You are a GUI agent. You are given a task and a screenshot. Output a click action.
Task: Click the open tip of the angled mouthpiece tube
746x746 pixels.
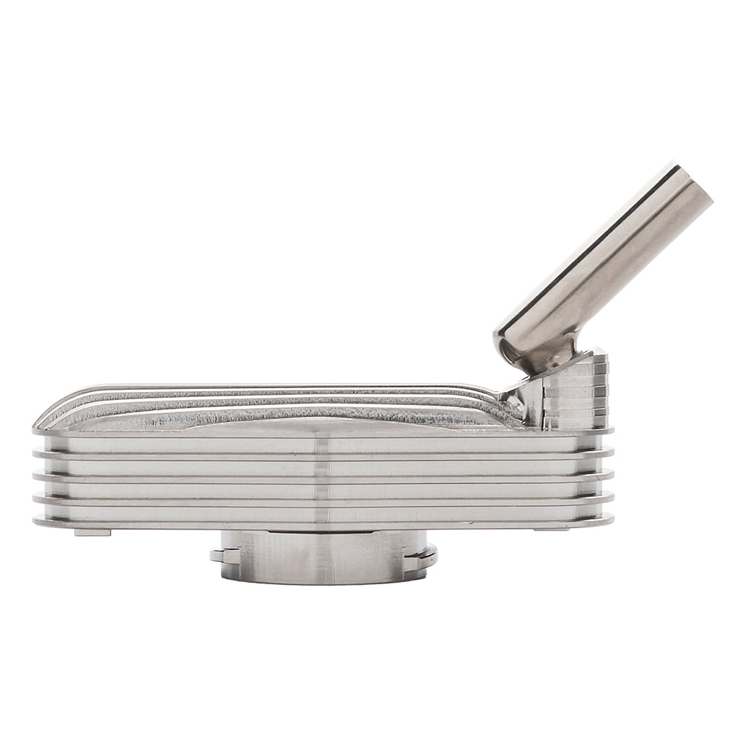tap(694, 182)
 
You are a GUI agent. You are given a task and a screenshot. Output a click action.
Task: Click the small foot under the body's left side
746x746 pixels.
tap(93, 532)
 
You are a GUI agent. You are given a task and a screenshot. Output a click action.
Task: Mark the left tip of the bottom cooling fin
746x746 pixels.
tap(36, 521)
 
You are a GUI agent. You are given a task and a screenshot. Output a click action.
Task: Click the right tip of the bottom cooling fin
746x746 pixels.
tap(610, 520)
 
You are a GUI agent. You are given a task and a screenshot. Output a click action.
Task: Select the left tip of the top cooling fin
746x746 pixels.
tap(36, 431)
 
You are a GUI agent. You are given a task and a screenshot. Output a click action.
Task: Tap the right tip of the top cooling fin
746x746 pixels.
tap(610, 431)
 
